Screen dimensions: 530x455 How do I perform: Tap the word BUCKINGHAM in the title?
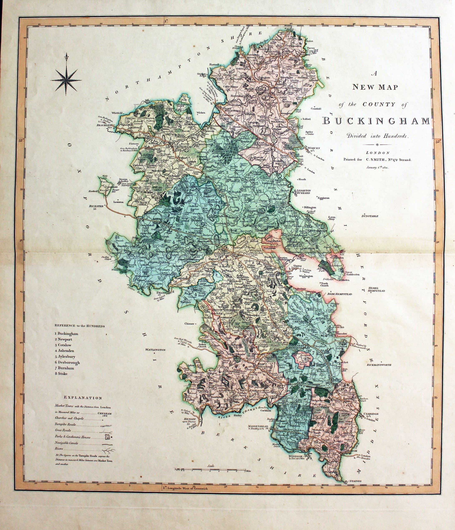(x=376, y=121)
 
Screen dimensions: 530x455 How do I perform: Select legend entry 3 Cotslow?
(x=63, y=345)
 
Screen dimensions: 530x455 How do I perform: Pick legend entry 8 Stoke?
(x=61, y=373)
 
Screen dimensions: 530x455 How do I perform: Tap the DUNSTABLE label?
(x=370, y=216)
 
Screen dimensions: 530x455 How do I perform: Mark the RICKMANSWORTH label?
(x=379, y=365)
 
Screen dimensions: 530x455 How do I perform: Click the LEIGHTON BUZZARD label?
(x=303, y=192)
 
